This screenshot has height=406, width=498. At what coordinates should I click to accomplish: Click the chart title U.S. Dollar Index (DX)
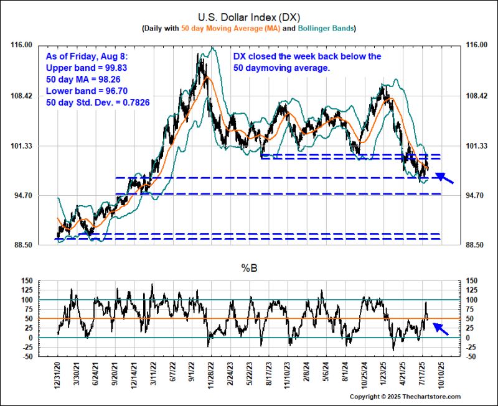[248, 17]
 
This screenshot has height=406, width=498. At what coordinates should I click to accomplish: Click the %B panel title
[248, 268]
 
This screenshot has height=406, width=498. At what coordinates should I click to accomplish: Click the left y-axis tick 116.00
[22, 45]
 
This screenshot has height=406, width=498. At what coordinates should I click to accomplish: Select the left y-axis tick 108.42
[22, 96]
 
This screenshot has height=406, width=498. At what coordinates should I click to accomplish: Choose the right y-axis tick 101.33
[473, 146]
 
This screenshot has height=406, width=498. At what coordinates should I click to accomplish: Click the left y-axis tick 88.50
[22, 246]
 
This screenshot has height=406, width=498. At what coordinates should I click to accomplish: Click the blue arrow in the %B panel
[441, 328]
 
